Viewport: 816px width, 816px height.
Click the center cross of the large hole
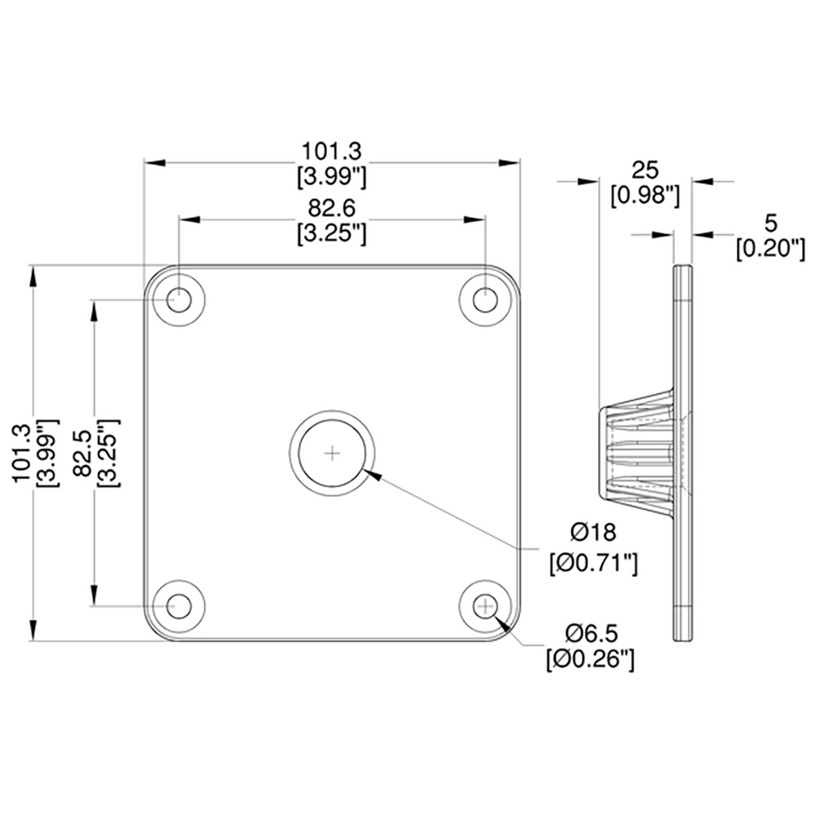tap(332, 453)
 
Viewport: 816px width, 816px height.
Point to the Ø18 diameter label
tap(593, 532)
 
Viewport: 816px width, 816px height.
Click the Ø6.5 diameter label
tap(592, 633)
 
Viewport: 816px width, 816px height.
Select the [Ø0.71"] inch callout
tap(593, 563)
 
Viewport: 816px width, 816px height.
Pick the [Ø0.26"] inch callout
tap(591, 660)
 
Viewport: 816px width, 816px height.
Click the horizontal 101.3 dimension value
tap(331, 152)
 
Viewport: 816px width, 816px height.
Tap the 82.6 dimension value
tap(331, 208)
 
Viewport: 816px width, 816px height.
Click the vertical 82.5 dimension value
tap(83, 453)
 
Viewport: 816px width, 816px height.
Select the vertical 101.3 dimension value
tap(22, 453)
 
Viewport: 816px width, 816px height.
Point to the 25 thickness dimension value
tap(645, 171)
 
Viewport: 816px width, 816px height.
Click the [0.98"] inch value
tap(645, 196)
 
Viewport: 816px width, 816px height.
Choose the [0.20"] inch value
tap(771, 249)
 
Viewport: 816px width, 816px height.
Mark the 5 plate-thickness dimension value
tap(771, 223)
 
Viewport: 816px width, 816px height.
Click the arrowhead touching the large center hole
tap(374, 473)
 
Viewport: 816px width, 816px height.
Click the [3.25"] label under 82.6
tap(331, 234)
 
